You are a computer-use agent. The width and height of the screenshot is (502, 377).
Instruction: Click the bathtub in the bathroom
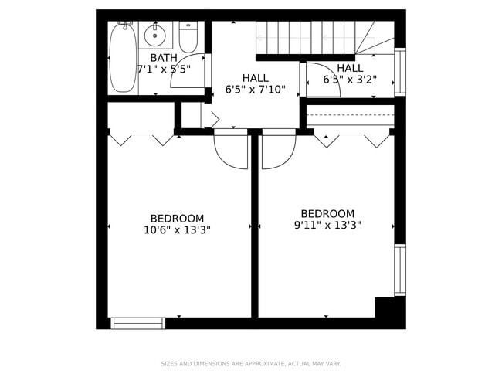point(122,58)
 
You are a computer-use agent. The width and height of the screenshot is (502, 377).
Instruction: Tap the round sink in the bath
point(155,35)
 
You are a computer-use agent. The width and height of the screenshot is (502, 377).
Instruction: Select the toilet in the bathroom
point(188,37)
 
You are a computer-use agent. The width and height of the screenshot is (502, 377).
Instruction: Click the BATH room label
point(163,58)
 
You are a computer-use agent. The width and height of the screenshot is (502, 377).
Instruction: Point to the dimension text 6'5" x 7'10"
point(255,90)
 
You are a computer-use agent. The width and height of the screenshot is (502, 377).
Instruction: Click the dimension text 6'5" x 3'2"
point(349,79)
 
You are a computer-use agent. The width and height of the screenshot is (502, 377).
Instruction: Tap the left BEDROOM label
point(177,219)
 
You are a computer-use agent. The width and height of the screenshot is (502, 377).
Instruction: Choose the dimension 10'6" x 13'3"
point(177,229)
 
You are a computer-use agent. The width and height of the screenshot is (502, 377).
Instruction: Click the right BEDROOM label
point(327,214)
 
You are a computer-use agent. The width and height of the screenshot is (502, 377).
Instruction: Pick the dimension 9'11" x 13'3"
point(327,226)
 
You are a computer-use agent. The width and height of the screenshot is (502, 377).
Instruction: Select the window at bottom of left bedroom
point(137,323)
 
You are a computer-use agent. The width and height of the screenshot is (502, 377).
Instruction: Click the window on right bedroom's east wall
point(399,270)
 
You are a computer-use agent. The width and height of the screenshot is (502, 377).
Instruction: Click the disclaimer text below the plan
point(250,363)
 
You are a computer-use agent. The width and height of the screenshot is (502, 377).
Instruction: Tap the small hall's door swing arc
point(324,80)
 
